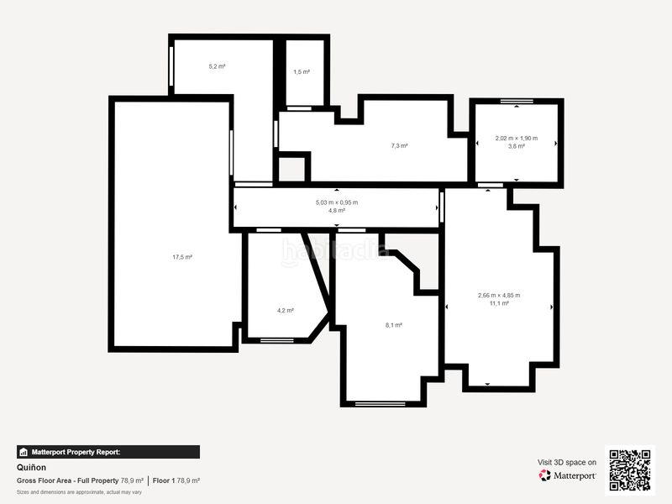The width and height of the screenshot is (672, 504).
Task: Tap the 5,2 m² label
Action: click(217, 66)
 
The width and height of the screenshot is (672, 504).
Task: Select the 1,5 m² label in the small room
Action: click(302, 72)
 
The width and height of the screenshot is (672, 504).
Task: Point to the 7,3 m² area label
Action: click(399, 146)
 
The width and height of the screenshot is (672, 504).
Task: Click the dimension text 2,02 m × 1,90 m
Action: click(516, 139)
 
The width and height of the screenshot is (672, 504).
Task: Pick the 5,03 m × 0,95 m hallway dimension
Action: click(336, 202)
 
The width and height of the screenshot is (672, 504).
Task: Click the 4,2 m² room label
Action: click(286, 310)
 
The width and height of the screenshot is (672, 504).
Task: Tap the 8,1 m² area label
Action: click(393, 325)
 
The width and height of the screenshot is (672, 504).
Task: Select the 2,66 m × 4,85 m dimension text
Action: click(498, 295)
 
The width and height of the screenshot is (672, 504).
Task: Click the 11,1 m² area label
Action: click(498, 303)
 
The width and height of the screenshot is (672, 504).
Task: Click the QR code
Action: click(630, 470)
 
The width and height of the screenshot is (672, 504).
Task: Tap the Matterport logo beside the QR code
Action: click(568, 475)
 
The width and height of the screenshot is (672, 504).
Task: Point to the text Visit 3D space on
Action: click(567, 462)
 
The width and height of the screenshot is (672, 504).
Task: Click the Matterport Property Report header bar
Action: click(108, 452)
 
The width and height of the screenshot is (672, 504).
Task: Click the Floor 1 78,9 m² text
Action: click(176, 480)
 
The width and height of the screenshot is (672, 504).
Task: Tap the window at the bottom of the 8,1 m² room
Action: click(380, 404)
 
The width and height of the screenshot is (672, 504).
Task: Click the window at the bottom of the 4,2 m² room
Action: click(276, 340)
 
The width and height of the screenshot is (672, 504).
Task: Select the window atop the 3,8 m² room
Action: click(516, 102)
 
